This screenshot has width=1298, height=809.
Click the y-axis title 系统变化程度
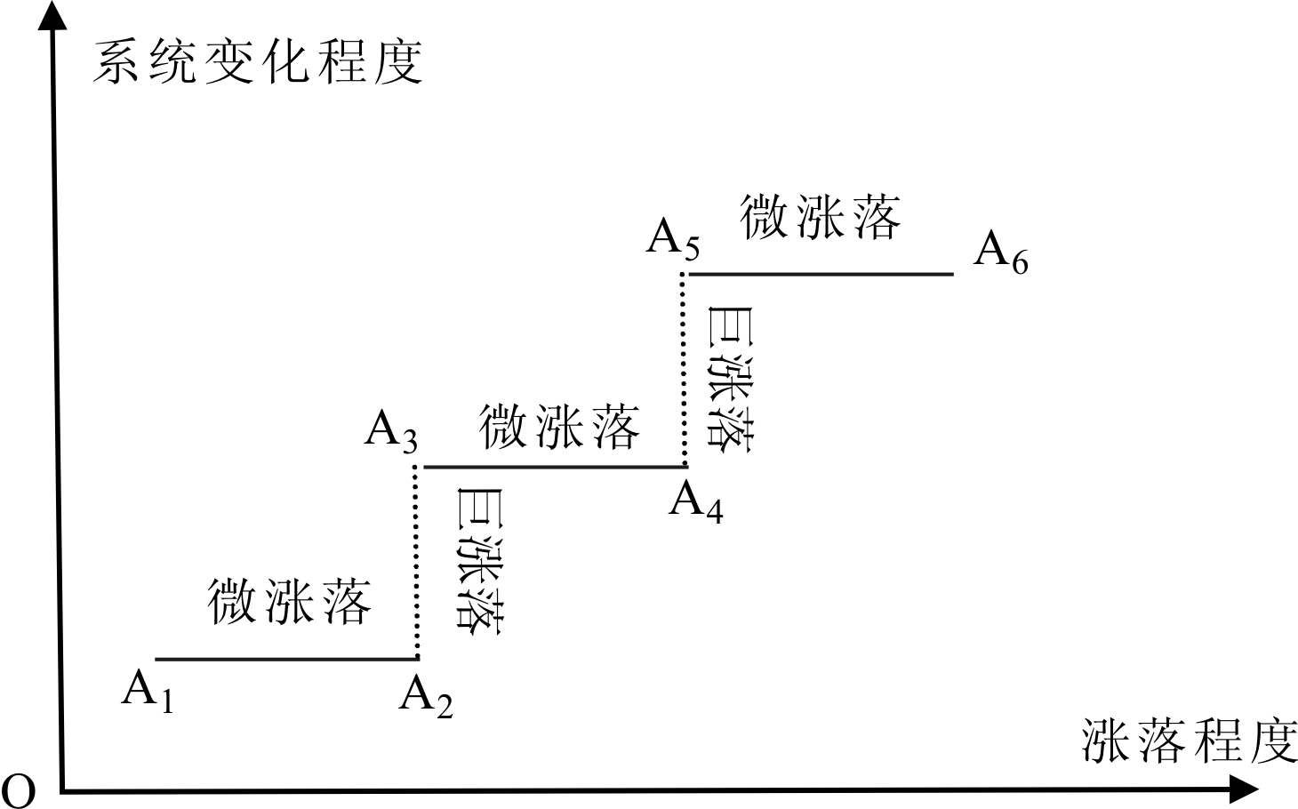tap(258, 62)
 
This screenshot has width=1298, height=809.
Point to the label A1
tap(148, 690)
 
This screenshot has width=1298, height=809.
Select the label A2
tap(426, 697)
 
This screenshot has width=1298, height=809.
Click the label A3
tap(391, 432)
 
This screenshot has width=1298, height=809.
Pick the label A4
tap(696, 502)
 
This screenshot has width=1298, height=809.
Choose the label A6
tap(1001, 252)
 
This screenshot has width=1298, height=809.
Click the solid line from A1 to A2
tap(287, 659)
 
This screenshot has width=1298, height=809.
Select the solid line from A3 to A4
tap(555, 467)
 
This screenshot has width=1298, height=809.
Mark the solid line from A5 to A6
tap(821, 274)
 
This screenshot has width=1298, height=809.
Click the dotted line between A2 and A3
tap(416, 562)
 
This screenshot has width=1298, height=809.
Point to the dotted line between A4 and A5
tap(684, 370)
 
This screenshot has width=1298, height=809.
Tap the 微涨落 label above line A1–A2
tap(289, 602)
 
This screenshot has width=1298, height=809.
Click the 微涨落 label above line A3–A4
tap(559, 427)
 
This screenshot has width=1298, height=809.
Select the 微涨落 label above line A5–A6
tap(820, 217)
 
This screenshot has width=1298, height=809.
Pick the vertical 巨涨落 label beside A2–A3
tap(480, 561)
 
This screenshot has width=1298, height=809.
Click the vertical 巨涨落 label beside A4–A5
tap(730, 380)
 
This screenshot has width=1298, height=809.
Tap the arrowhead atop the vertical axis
tap(52, 15)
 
